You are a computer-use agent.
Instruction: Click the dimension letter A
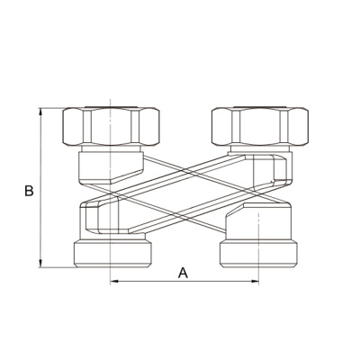tap(183, 273)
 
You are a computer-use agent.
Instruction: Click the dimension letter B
tap(29, 191)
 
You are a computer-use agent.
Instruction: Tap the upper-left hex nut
tap(111, 127)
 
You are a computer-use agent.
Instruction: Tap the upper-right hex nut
tap(260, 127)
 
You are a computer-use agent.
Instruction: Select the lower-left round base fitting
tap(112, 254)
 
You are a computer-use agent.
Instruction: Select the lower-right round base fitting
tap(258, 254)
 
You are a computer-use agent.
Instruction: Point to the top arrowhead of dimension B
tap(40, 112)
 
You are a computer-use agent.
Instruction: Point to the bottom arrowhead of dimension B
tap(40, 264)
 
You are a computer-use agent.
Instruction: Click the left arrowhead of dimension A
tap(114, 281)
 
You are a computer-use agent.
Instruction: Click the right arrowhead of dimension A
tap(255, 281)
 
